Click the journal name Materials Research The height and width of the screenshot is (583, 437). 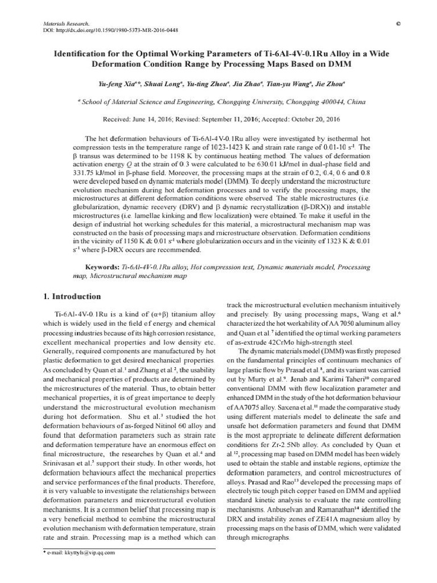(x=66, y=23)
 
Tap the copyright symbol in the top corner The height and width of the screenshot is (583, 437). (x=397, y=23)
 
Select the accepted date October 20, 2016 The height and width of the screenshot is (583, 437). (x=316, y=120)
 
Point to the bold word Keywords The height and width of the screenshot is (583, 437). (x=102, y=266)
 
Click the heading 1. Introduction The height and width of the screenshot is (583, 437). (x=72, y=297)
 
